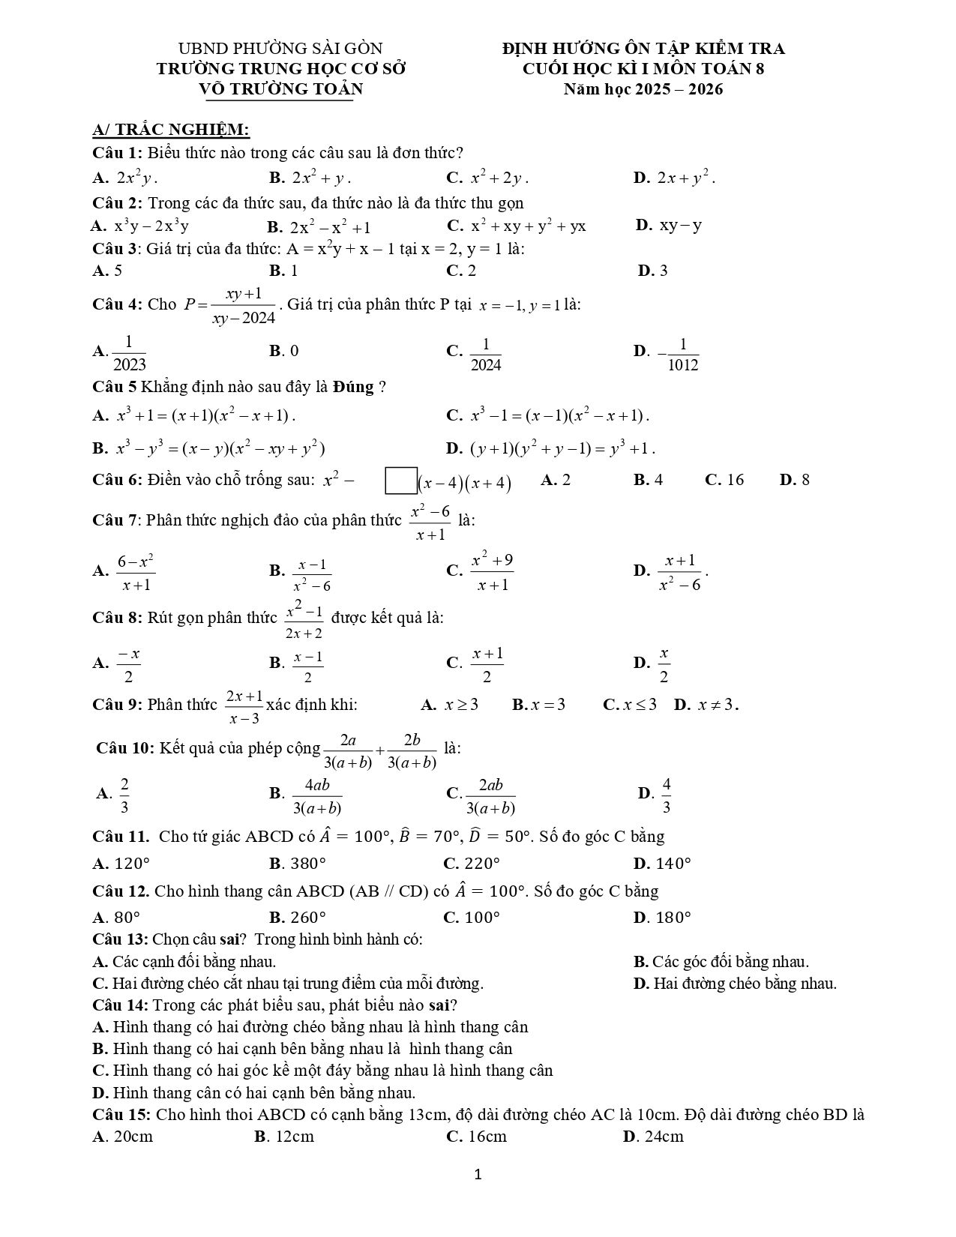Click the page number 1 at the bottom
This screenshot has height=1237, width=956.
pyautogui.click(x=478, y=1174)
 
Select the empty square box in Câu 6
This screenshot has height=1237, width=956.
pyautogui.click(x=400, y=481)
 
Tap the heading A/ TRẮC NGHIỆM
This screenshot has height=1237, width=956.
pyautogui.click(x=171, y=130)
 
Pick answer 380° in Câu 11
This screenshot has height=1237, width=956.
pyautogui.click(x=304, y=863)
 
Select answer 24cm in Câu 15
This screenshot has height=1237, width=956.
pyautogui.click(x=664, y=1137)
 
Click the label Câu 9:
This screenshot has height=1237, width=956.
pyautogui.click(x=118, y=705)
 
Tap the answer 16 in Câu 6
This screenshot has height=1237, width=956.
pyautogui.click(x=735, y=480)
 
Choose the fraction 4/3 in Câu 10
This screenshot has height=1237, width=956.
pyautogui.click(x=666, y=795)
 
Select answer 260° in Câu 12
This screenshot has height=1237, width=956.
pyautogui.click(x=304, y=917)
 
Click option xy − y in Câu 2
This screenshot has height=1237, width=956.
pyautogui.click(x=680, y=225)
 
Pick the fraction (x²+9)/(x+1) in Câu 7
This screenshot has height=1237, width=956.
pyautogui.click(x=492, y=572)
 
